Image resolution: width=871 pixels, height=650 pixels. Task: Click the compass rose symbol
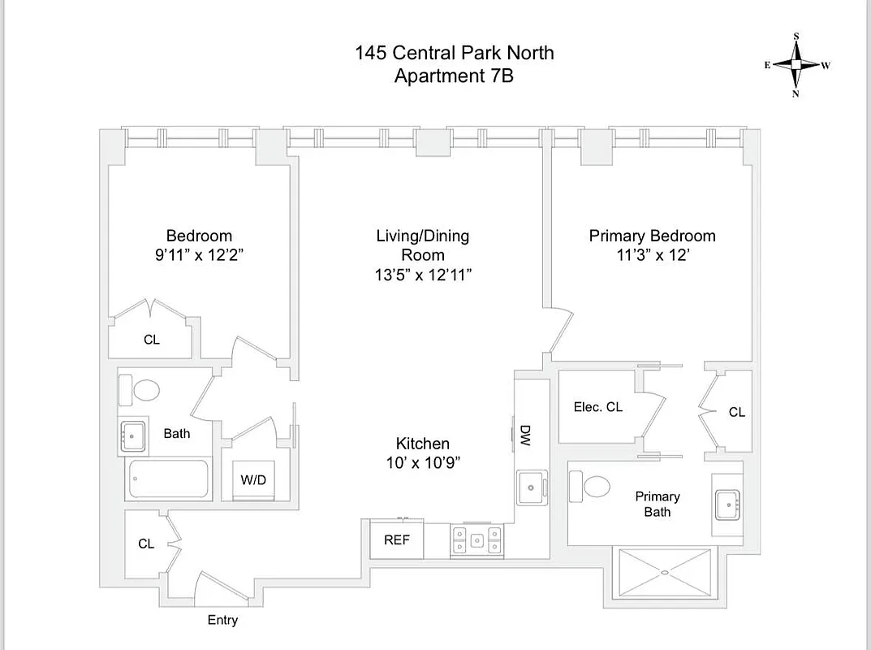click(796, 65)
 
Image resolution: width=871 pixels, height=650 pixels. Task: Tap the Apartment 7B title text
click(454, 76)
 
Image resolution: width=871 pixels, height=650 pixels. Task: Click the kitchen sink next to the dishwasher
click(530, 487)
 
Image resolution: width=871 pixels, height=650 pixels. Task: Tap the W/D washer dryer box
click(253, 480)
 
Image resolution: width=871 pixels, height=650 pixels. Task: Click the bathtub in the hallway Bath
click(168, 479)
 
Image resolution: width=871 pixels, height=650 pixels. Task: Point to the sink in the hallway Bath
click(133, 436)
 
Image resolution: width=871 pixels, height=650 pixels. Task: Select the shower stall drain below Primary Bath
click(665, 573)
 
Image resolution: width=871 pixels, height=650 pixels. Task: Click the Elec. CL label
click(598, 407)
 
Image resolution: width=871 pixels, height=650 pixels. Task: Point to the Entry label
click(222, 620)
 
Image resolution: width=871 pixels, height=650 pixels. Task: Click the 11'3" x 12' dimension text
click(653, 254)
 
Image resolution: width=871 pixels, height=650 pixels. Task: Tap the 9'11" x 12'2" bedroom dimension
click(199, 254)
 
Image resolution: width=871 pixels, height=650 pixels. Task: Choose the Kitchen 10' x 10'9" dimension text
click(423, 463)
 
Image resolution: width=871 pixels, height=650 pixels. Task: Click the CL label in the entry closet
click(146, 544)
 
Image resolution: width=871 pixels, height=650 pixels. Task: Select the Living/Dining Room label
click(422, 245)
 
